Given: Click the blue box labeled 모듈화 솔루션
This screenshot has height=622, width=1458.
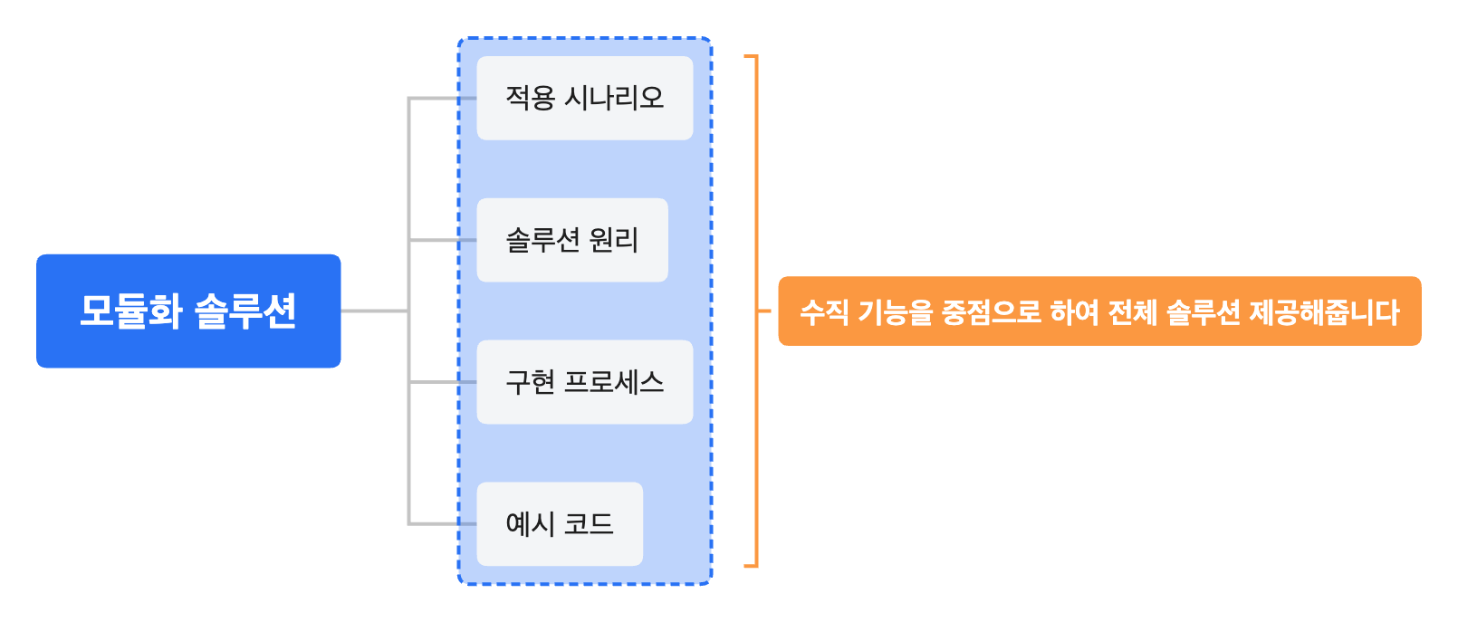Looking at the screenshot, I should (x=188, y=311).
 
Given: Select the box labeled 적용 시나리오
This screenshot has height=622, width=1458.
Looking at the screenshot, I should (x=584, y=98).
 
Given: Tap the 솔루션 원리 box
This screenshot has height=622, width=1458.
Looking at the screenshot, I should (x=571, y=240).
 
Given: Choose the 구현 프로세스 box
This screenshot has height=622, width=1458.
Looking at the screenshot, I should (x=584, y=382).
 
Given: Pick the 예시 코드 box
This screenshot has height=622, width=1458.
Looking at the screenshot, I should (x=559, y=524).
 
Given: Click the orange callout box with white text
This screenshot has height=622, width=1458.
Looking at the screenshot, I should (x=1099, y=311).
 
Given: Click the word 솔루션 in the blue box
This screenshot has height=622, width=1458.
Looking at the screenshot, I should (x=245, y=311).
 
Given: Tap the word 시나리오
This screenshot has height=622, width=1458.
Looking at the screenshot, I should (x=614, y=98).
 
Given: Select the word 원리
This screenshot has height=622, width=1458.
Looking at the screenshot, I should (x=614, y=240).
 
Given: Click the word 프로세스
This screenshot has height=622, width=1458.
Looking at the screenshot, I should (x=614, y=382).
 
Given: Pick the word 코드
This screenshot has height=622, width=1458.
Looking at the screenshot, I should (x=589, y=524).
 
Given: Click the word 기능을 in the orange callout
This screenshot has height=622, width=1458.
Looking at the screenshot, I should (x=895, y=312).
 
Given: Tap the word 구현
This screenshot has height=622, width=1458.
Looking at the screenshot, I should (x=530, y=382).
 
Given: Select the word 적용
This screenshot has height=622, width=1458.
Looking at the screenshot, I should (x=530, y=98).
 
